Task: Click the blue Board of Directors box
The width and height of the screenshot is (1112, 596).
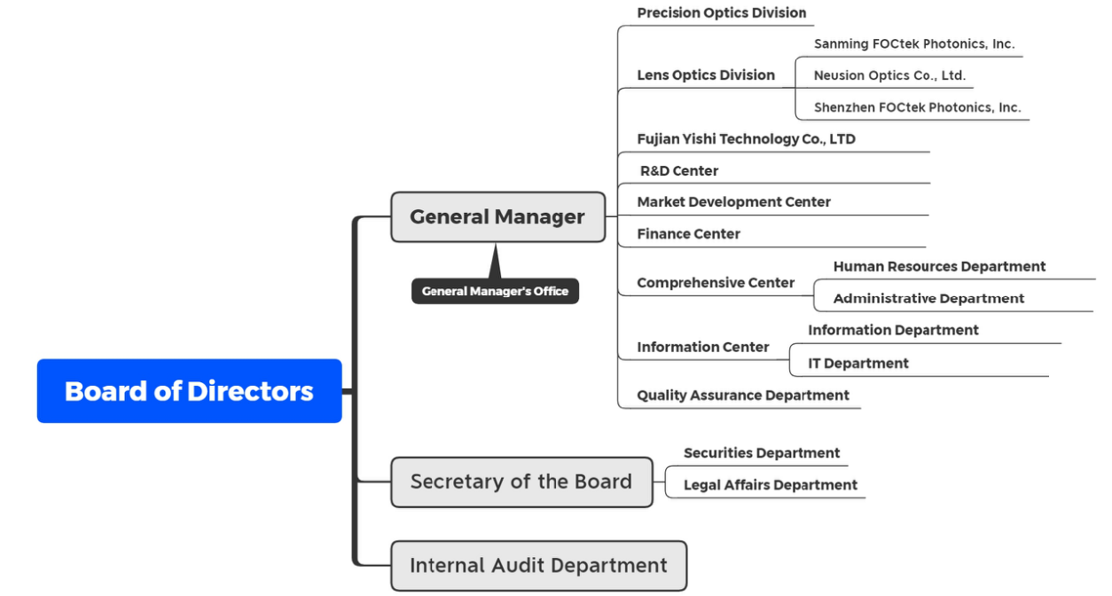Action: pyautogui.click(x=189, y=391)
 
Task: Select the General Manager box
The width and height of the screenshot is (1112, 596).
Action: pyautogui.click(x=497, y=216)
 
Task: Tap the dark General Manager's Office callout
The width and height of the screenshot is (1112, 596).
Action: pyautogui.click(x=495, y=291)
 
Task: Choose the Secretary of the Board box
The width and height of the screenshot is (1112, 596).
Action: pyautogui.click(x=521, y=482)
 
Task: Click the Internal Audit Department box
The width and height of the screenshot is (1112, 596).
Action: pyautogui.click(x=538, y=565)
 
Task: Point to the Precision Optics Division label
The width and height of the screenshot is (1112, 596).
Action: pyautogui.click(x=722, y=12)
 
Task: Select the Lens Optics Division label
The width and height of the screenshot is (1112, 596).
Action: pyautogui.click(x=706, y=75)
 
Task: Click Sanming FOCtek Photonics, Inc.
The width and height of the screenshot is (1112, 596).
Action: pyautogui.click(x=914, y=43)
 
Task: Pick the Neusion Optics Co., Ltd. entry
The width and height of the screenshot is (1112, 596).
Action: pyautogui.click(x=889, y=75)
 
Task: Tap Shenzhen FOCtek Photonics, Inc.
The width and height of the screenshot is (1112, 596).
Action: pyautogui.click(x=917, y=107)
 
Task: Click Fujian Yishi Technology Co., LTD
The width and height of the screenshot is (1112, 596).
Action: pyautogui.click(x=746, y=139)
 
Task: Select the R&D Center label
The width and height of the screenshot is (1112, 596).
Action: pyautogui.click(x=679, y=171)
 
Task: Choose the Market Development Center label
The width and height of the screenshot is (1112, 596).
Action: pyautogui.click(x=733, y=202)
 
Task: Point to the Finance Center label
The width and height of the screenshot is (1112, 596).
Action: pyautogui.click(x=688, y=234)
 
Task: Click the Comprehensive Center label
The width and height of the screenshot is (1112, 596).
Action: pyautogui.click(x=716, y=283)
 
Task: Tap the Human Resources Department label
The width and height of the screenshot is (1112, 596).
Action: pyautogui.click(x=939, y=266)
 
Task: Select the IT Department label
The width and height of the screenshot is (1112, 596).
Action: pyautogui.click(x=857, y=363)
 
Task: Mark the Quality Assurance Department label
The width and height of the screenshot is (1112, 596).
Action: pyautogui.click(x=743, y=396)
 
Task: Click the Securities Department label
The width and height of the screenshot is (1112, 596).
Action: pyautogui.click(x=762, y=453)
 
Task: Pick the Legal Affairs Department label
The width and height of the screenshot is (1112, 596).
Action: pyautogui.click(x=771, y=485)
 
